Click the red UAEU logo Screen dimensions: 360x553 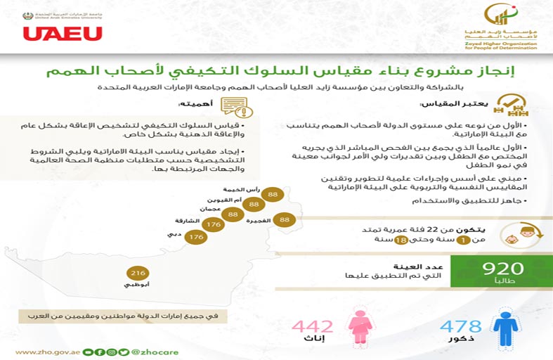click(x=62, y=33)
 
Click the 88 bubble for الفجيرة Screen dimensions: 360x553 click(x=285, y=219)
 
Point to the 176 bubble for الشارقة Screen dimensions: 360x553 click(x=214, y=224)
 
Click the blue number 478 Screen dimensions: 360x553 click(x=461, y=326)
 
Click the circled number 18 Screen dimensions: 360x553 click(x=402, y=240)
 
